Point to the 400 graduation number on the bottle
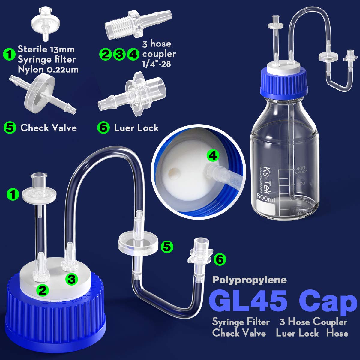pyautogui.click(x=300, y=168)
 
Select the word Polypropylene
pyautogui.click(x=249, y=280)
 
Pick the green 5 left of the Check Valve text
pyautogui.click(x=10, y=128)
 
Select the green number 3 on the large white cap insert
pyautogui.click(x=71, y=279)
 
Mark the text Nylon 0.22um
pyautogui.click(x=48, y=70)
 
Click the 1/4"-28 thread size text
pyautogui.click(x=156, y=64)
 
